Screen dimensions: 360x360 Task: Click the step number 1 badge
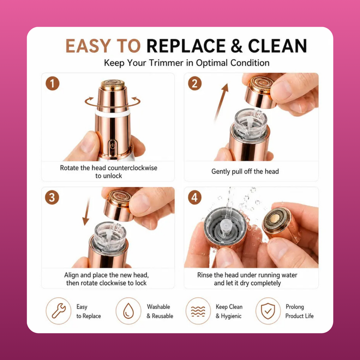52,83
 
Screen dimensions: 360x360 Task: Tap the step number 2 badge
195,83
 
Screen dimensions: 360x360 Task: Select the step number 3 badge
52,197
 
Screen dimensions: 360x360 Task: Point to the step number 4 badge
194,197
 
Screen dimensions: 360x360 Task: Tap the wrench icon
59,311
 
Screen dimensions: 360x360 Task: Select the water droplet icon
128,311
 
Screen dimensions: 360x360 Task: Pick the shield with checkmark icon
268,311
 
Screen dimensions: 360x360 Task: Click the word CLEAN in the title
277,46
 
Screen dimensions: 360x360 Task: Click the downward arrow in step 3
87,211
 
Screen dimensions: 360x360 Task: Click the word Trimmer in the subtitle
166,63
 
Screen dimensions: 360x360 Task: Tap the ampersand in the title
237,46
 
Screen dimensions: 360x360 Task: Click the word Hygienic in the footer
231,316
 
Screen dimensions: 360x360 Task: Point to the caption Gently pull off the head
245,172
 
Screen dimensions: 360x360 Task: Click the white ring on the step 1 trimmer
112,113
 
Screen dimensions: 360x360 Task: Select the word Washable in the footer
158,307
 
